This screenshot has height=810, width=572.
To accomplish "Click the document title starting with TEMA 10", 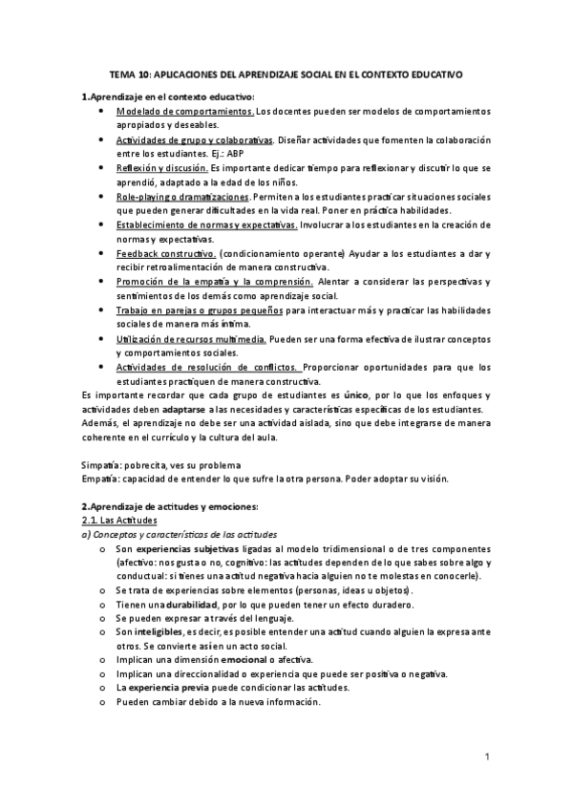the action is [286, 73].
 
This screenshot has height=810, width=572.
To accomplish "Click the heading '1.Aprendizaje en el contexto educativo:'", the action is [168, 96].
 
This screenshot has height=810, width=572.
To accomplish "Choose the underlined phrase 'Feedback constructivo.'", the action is [165, 253].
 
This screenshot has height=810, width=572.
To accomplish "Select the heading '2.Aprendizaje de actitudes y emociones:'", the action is [170, 506].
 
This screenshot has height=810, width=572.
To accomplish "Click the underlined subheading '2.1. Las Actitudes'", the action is [118, 520].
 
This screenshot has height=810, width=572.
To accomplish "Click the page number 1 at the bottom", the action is [487, 758].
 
